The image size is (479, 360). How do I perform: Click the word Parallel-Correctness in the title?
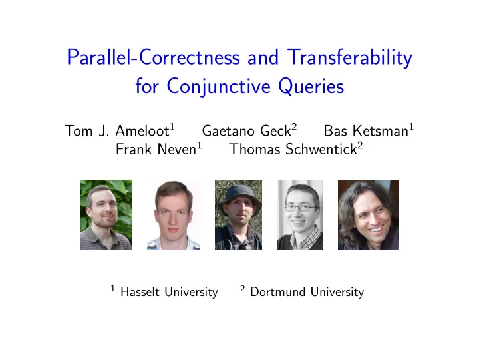click(154, 57)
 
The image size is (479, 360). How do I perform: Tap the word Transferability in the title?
click(350, 57)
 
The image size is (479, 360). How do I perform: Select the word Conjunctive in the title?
click(218, 87)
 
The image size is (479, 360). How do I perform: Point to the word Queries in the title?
click(311, 87)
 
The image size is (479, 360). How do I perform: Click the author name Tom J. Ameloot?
click(117, 131)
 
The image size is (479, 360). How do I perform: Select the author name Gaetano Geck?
click(246, 131)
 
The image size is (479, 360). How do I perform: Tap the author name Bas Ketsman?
click(366, 131)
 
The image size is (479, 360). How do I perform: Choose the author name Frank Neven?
click(156, 149)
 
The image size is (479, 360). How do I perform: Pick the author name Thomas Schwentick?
click(293, 149)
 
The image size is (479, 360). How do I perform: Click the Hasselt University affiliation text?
click(169, 292)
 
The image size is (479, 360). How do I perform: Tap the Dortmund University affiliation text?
click(307, 292)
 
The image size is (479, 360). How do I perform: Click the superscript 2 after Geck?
click(294, 126)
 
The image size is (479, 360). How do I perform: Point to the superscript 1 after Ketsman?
click(412, 126)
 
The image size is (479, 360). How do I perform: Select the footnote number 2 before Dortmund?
click(243, 288)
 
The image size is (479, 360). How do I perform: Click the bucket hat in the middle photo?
click(239, 196)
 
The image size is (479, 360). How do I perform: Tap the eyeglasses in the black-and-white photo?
click(301, 208)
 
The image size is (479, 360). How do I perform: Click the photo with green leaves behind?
click(106, 215)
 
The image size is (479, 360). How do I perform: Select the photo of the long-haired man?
click(368, 215)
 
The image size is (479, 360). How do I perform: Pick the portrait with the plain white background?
click(174, 215)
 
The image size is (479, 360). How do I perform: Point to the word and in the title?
click(263, 57)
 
